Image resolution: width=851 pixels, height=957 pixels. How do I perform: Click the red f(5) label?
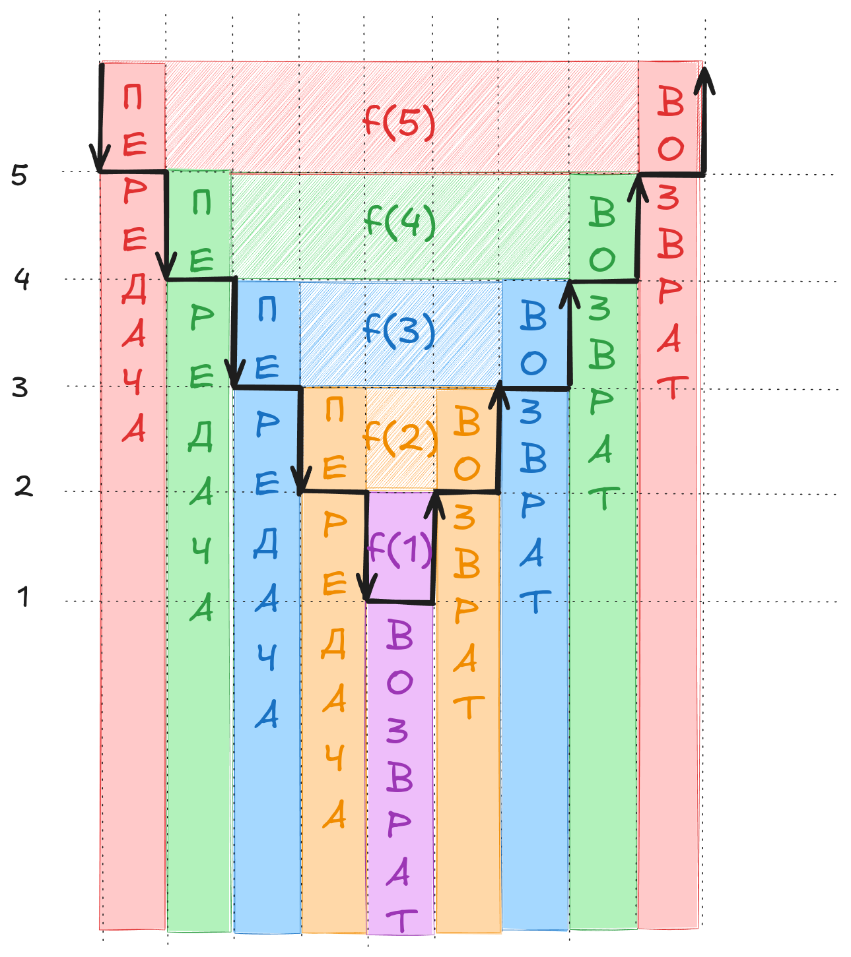click(399, 123)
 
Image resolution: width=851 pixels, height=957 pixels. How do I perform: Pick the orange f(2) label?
click(400, 437)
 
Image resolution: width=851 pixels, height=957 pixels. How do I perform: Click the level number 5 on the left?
click(19, 175)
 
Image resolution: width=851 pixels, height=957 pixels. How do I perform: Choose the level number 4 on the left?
click(22, 280)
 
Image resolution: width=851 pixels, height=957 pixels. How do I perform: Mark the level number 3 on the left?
click(20, 387)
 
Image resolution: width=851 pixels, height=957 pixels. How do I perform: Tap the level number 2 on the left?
click(23, 487)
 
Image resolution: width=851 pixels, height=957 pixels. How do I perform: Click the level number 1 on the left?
click(24, 596)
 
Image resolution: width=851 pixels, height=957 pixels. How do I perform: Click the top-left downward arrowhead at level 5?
click(100, 162)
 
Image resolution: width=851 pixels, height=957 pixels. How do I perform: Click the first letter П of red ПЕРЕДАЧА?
click(133, 98)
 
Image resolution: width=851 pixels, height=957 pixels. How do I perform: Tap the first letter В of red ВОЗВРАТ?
click(671, 103)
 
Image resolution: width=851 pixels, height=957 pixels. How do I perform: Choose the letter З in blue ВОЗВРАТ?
click(531, 412)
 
